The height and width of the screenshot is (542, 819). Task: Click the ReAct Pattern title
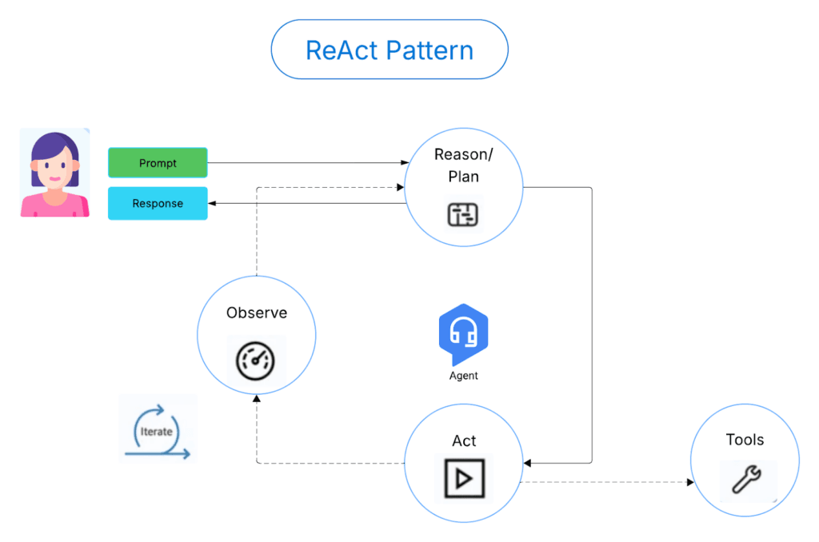pos(390,50)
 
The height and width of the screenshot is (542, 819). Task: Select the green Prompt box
pos(158,163)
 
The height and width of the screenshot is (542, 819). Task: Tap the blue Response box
pos(158,203)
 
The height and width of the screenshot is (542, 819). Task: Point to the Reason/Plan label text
pos(463,165)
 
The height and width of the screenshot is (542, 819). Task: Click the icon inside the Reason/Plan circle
pos(462,214)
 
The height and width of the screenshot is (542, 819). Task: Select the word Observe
pos(256,313)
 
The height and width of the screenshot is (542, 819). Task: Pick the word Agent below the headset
pos(464,376)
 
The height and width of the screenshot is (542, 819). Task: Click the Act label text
pos(464,440)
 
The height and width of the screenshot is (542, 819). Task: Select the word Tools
pos(745,440)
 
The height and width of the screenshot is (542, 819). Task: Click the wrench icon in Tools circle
pos(746,480)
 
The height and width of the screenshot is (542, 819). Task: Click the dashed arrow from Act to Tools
pos(608,482)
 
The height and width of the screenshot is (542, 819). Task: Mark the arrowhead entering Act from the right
pos(528,463)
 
